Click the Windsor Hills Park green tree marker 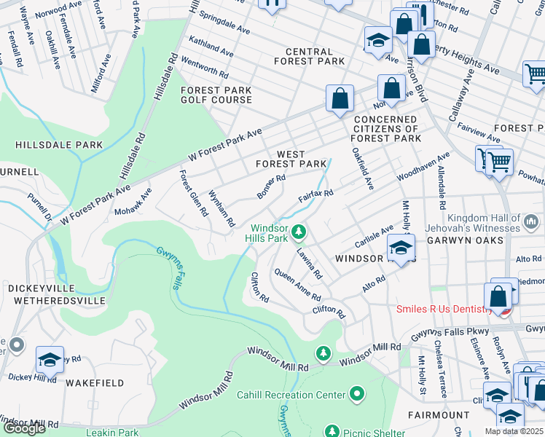point(298,232)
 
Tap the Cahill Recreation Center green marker point(356,395)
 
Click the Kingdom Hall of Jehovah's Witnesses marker point(531,219)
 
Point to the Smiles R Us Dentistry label point(444,309)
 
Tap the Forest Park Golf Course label point(216,95)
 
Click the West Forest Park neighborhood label point(291,159)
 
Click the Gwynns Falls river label point(167,268)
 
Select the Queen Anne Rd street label point(297,285)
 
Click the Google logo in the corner point(23,428)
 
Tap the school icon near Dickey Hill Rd point(50,360)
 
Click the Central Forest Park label point(315,56)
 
